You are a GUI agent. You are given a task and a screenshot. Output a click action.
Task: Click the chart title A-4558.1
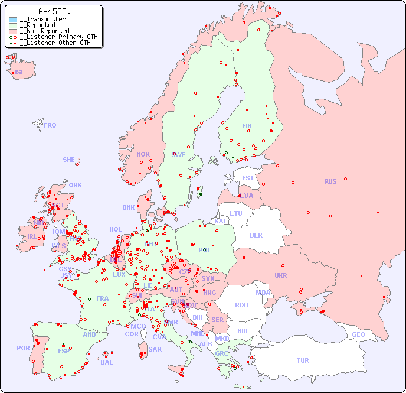[57, 11]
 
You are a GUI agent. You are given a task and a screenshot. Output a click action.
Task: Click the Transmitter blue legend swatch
[13, 20]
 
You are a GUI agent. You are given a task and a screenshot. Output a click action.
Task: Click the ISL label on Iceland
[20, 73]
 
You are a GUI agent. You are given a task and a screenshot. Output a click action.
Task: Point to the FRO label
[50, 125]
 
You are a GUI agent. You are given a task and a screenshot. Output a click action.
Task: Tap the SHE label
[69, 160]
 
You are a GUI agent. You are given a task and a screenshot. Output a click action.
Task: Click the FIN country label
[247, 126]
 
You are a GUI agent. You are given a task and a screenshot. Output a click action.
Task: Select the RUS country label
[330, 181]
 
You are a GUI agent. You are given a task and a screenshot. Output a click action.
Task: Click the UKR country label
[280, 275]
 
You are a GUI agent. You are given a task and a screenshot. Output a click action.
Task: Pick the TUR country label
[303, 360]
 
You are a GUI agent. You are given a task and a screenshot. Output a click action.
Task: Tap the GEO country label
[358, 334]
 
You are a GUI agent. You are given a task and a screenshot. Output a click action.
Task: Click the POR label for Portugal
[23, 348]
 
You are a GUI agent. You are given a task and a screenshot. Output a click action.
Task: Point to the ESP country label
[64, 350]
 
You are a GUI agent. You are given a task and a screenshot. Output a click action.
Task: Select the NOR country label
[143, 154]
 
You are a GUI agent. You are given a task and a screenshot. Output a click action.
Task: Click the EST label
[248, 178]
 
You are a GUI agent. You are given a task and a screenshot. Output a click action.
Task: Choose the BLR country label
[256, 235]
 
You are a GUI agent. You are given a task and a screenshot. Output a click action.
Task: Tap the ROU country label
[241, 305]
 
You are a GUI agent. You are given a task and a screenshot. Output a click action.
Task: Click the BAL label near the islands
[106, 362]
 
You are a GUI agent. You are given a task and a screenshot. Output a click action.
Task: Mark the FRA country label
[103, 298]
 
